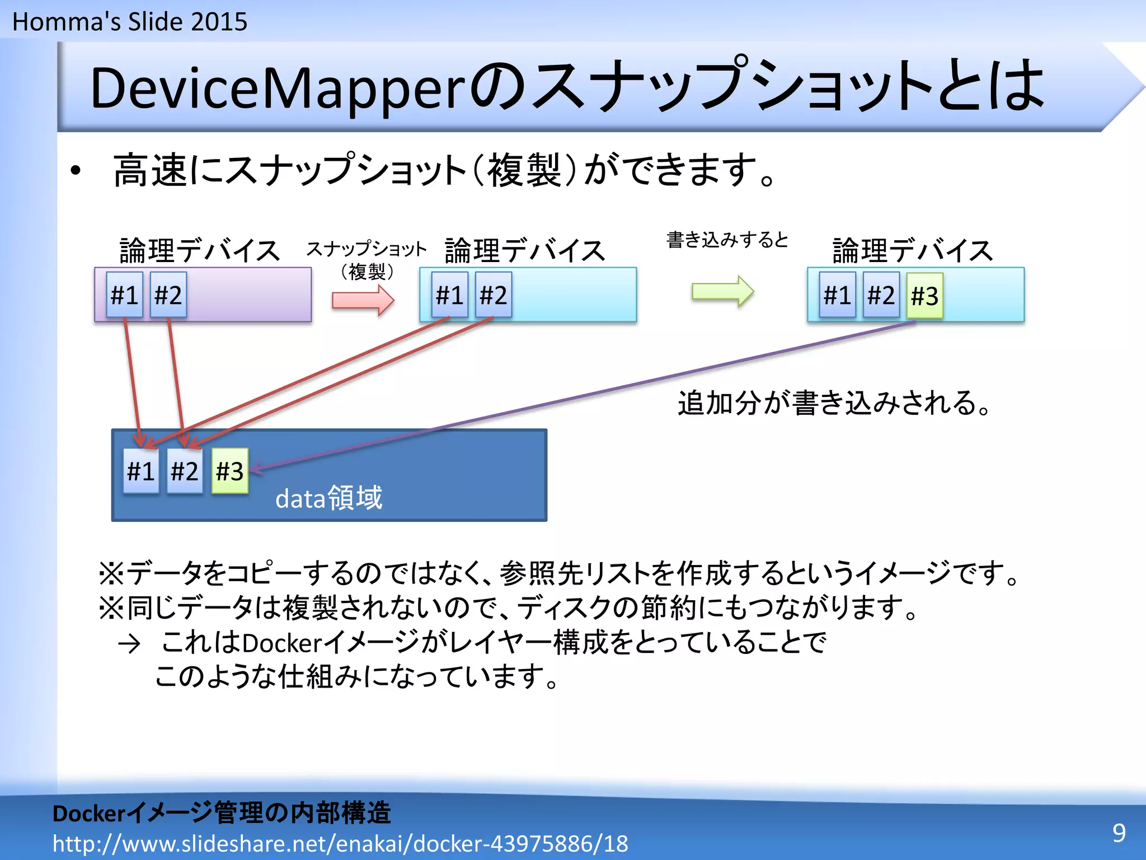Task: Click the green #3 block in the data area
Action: [229, 471]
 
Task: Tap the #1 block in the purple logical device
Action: [124, 295]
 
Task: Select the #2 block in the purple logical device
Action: [168, 295]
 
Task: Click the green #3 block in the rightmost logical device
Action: [924, 296]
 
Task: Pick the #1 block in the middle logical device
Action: [449, 295]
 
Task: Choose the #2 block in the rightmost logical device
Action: [881, 295]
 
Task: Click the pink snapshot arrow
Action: [363, 300]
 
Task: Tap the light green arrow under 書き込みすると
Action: [722, 291]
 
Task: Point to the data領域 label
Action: [328, 498]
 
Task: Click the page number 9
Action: [1119, 833]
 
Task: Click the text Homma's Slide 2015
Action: [130, 22]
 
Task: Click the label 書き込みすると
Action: [727, 240]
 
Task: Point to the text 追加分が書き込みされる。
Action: [834, 403]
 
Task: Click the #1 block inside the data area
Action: [140, 471]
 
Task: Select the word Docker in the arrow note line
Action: [281, 643]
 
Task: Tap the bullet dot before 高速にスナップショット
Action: [76, 171]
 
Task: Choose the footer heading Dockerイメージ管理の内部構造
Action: [222, 813]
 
